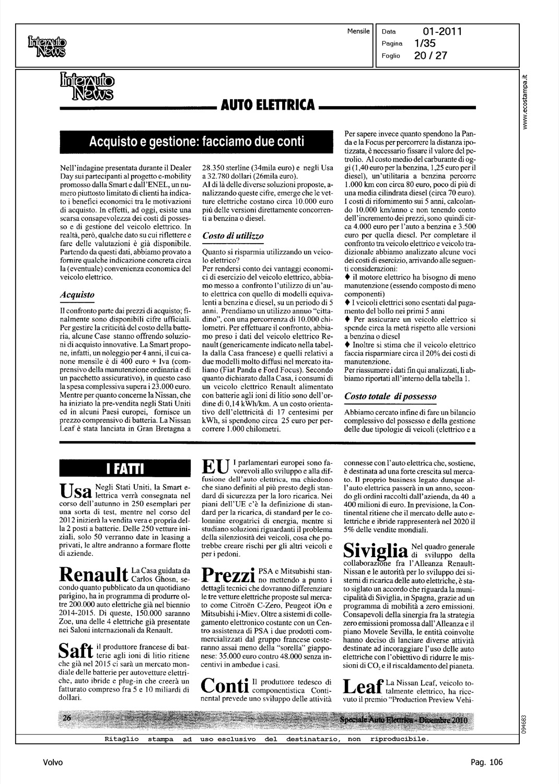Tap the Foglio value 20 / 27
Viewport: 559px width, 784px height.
[x=430, y=55]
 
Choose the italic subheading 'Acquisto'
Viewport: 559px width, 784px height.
[x=77, y=295]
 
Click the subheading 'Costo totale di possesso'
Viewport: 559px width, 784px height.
[x=390, y=397]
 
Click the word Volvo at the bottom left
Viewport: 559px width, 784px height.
[x=53, y=763]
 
